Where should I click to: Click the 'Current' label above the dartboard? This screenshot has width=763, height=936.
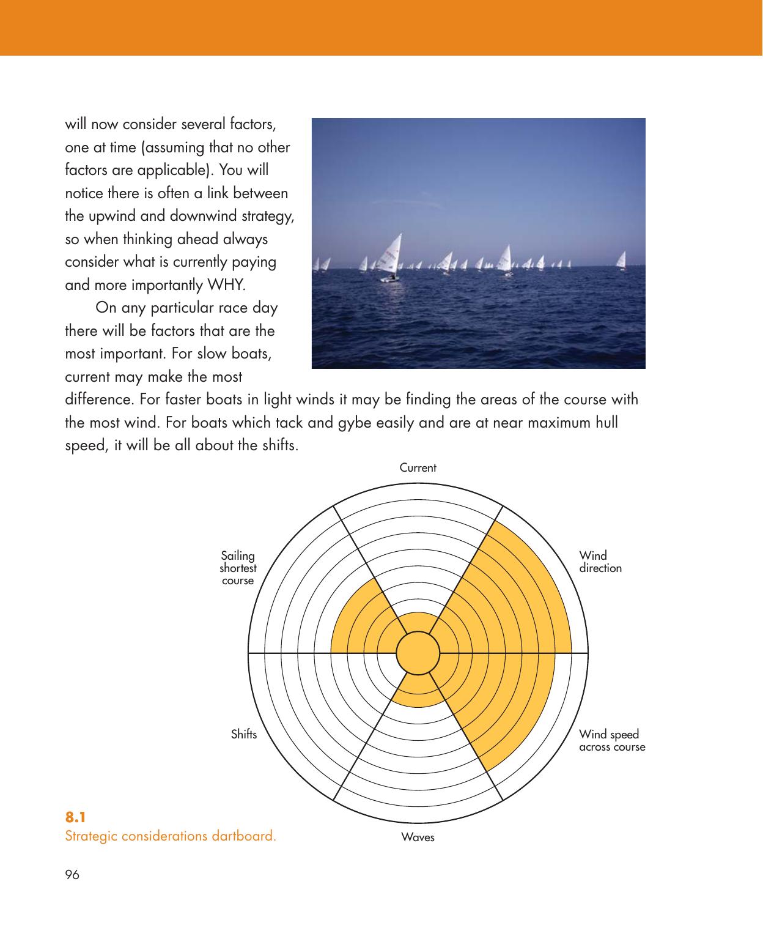click(418, 468)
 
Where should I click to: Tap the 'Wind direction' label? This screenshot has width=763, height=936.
click(600, 562)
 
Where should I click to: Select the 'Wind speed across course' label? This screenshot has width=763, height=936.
click(611, 740)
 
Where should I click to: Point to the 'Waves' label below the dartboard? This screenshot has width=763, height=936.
click(418, 837)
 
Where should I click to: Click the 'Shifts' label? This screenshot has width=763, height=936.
click(244, 734)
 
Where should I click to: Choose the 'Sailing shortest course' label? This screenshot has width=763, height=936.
click(238, 568)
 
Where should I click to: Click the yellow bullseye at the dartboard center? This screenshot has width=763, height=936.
click(418, 653)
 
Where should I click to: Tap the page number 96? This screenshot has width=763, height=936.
click(72, 875)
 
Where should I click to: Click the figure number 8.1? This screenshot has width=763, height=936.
click(76, 817)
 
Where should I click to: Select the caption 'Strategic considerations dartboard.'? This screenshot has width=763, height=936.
click(171, 836)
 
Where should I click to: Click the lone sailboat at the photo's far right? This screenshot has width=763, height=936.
click(621, 260)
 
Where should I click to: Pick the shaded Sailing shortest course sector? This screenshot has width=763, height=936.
click(361, 624)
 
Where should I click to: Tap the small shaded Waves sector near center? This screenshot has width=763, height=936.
click(418, 688)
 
